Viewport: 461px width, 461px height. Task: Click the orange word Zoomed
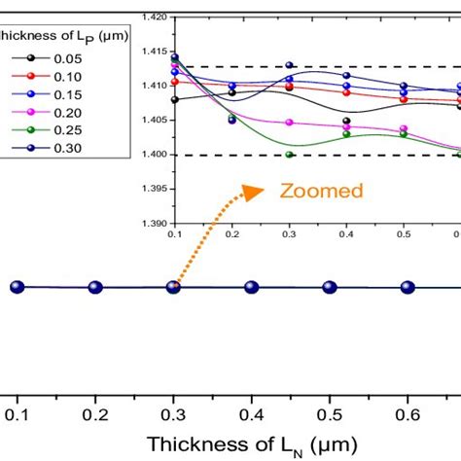click(x=322, y=191)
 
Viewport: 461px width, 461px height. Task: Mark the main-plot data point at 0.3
click(x=173, y=287)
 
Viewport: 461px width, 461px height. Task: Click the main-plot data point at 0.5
click(x=330, y=287)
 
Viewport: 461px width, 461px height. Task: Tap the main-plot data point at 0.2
click(x=95, y=287)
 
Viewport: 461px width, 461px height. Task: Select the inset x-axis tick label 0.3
click(x=289, y=234)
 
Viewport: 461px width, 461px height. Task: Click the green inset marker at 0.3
click(x=289, y=155)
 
